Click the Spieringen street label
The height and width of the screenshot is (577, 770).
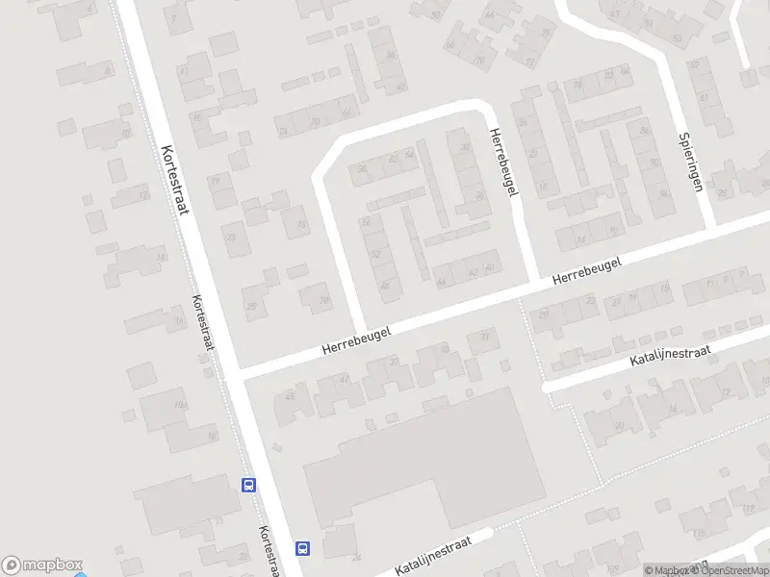coord(689,161)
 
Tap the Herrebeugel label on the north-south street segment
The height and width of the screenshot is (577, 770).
coord(503,163)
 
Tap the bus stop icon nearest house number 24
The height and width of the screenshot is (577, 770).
coord(302,549)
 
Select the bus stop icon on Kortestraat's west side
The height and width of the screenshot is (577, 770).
coord(249,486)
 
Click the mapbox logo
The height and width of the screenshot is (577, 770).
coord(42,565)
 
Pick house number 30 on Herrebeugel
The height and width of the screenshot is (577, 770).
coord(466,146)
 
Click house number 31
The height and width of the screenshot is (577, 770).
coord(485,337)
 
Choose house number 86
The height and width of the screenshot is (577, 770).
coord(391,55)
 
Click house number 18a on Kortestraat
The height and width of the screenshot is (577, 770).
coord(178,405)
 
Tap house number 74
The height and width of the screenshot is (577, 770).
coord(283,132)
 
